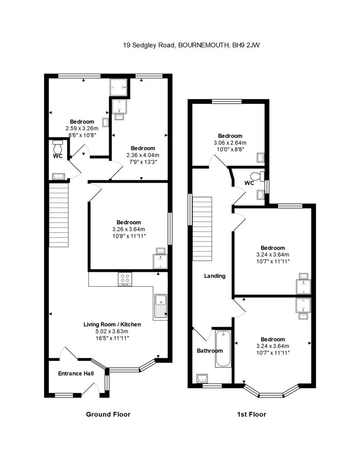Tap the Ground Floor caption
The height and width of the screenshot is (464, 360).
tap(108, 414)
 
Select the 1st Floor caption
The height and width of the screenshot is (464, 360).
tap(251, 414)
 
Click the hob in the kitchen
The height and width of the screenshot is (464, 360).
tap(125, 280)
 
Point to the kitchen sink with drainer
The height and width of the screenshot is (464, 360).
tap(161, 306)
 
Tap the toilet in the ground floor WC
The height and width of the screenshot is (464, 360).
tap(58, 148)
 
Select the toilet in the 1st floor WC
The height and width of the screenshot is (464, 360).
tap(259, 176)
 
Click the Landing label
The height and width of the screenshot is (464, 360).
tap(214, 275)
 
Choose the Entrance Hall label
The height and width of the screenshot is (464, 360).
tap(76, 374)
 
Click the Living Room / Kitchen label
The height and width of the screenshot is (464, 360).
tap(112, 324)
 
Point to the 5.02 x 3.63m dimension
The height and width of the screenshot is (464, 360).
tap(112, 331)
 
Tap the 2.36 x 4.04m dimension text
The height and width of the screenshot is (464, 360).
tap(143, 155)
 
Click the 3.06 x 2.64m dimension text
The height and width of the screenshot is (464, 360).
tap(230, 143)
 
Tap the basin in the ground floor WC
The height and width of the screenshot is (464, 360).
tap(57, 176)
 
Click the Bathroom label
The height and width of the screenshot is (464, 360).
tap(209, 351)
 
